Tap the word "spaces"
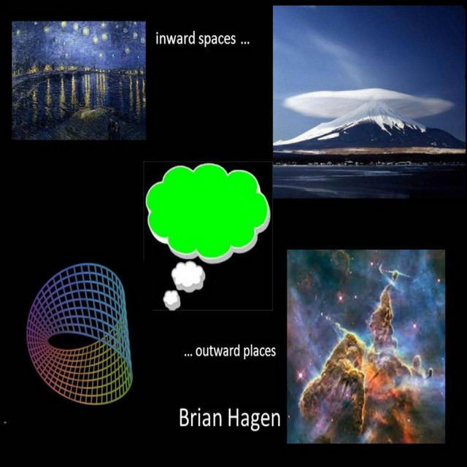click(217, 40)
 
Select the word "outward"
click(217, 351)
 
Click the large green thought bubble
click(207, 210)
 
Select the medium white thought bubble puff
click(188, 277)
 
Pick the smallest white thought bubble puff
click(172, 300)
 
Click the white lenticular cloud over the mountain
click(368, 102)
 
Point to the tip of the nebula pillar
click(388, 287)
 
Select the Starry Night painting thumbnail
click(79, 80)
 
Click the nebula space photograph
click(366, 347)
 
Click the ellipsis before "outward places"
click(188, 355)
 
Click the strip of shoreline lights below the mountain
click(369, 163)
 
